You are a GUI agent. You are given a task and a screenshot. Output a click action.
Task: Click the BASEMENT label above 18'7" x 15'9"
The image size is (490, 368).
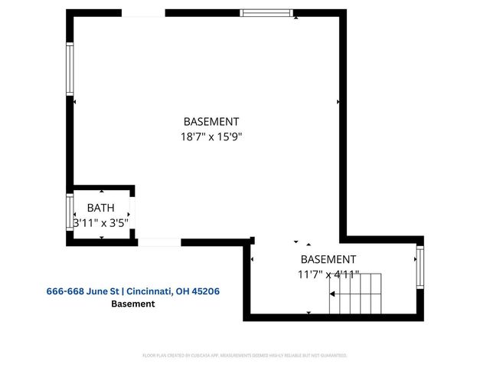coord(211,121)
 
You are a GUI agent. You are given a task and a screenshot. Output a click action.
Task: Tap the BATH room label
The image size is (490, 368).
coord(100,208)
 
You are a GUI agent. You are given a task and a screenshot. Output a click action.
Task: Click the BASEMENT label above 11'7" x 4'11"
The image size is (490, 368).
coord(328,259)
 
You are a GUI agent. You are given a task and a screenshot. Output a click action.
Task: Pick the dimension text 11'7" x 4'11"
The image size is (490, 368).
coord(328,274)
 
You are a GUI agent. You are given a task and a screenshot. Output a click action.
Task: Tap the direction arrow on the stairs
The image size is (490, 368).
coord(335,294)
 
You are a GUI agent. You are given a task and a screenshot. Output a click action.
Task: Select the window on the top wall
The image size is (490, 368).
coord(266,13)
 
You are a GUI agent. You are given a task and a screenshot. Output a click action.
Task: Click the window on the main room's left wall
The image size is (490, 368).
coord(70,69)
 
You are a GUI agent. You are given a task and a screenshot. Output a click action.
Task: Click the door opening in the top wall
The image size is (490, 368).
coord(143,13)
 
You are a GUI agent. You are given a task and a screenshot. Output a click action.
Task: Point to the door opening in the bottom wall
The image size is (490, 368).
coord(158,242)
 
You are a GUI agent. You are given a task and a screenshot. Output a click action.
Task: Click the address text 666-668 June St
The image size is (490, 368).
coord(80,291)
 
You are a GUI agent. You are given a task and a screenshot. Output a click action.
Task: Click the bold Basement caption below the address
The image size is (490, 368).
coord(133,304)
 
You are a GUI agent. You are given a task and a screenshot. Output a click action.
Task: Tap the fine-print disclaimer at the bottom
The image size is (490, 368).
coord(245,356)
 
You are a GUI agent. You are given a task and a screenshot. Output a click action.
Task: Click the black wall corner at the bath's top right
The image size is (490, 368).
coord(132,188)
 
